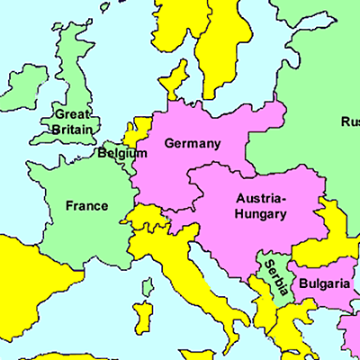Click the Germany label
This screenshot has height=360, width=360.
point(192,143)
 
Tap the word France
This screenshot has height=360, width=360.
point(86,206)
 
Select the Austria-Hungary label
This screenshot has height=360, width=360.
point(261,206)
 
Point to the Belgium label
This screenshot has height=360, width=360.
point(122,154)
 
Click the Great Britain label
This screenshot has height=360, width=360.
point(72,121)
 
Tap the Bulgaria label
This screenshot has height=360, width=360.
point(324,283)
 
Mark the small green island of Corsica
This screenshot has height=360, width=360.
point(148,289)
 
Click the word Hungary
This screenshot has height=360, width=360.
point(261,214)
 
